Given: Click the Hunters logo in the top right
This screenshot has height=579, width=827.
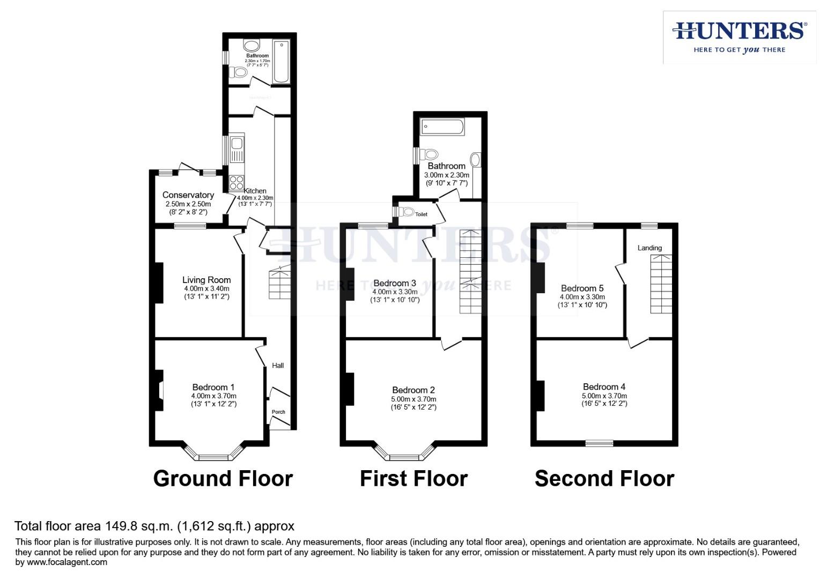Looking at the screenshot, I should [739, 37].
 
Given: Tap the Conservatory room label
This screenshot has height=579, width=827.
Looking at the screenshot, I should [188, 195].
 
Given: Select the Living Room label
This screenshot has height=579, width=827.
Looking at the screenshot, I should [206, 280].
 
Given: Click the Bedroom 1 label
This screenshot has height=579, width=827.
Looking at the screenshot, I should [213, 387].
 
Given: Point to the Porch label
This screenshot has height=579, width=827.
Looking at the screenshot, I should [278, 412].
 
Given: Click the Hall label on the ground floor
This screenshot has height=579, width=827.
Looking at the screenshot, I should [278, 366].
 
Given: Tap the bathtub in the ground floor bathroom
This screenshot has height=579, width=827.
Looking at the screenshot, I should [281, 61].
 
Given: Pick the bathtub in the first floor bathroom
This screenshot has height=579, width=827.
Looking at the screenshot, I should [442, 127].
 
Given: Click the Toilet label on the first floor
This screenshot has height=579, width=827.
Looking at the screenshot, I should [422, 214].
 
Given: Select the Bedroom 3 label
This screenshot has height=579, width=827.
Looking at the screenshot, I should [395, 283].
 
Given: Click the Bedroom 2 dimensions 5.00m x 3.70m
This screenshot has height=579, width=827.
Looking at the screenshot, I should [413, 399].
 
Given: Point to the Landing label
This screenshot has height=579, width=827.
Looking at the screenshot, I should [649, 248].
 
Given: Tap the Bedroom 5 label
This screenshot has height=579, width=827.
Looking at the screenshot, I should [582, 288].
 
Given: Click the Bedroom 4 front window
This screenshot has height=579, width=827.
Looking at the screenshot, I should [599, 443].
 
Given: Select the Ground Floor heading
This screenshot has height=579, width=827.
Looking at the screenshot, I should [223, 478].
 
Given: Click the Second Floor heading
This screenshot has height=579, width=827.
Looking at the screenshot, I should [604, 478].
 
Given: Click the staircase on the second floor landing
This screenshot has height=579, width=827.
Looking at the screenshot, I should [661, 284].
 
